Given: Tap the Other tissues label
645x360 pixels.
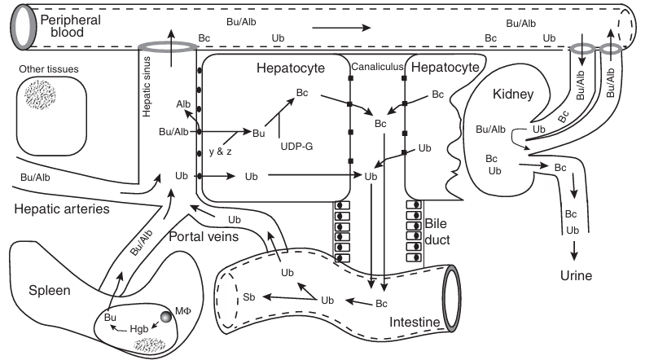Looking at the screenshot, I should coord(49,69).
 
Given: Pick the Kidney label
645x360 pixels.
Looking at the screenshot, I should coord(514,94).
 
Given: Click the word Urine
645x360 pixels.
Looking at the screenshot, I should coord(575,275).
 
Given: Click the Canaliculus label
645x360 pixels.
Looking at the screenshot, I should coord(378,67).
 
